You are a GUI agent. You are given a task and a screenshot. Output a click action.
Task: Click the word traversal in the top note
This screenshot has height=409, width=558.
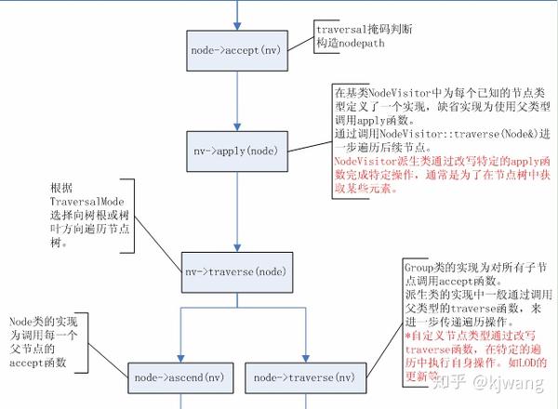pos(341,29)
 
